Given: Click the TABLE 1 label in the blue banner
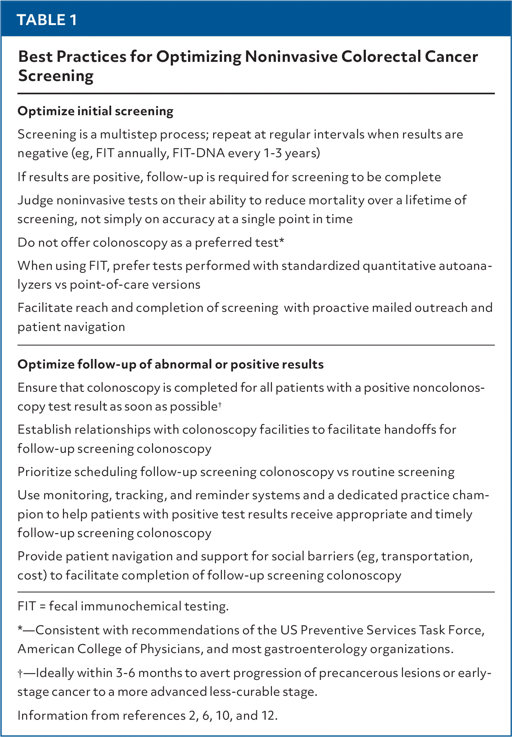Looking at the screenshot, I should click(47, 20).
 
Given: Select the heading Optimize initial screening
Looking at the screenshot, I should click(95, 111).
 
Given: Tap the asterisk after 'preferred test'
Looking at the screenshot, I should click(282, 241).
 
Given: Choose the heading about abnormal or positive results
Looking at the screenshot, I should click(170, 364).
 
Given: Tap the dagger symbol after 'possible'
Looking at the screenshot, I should click(220, 405).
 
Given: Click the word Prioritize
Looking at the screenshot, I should click(44, 472).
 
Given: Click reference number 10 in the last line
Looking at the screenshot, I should click(223, 715).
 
